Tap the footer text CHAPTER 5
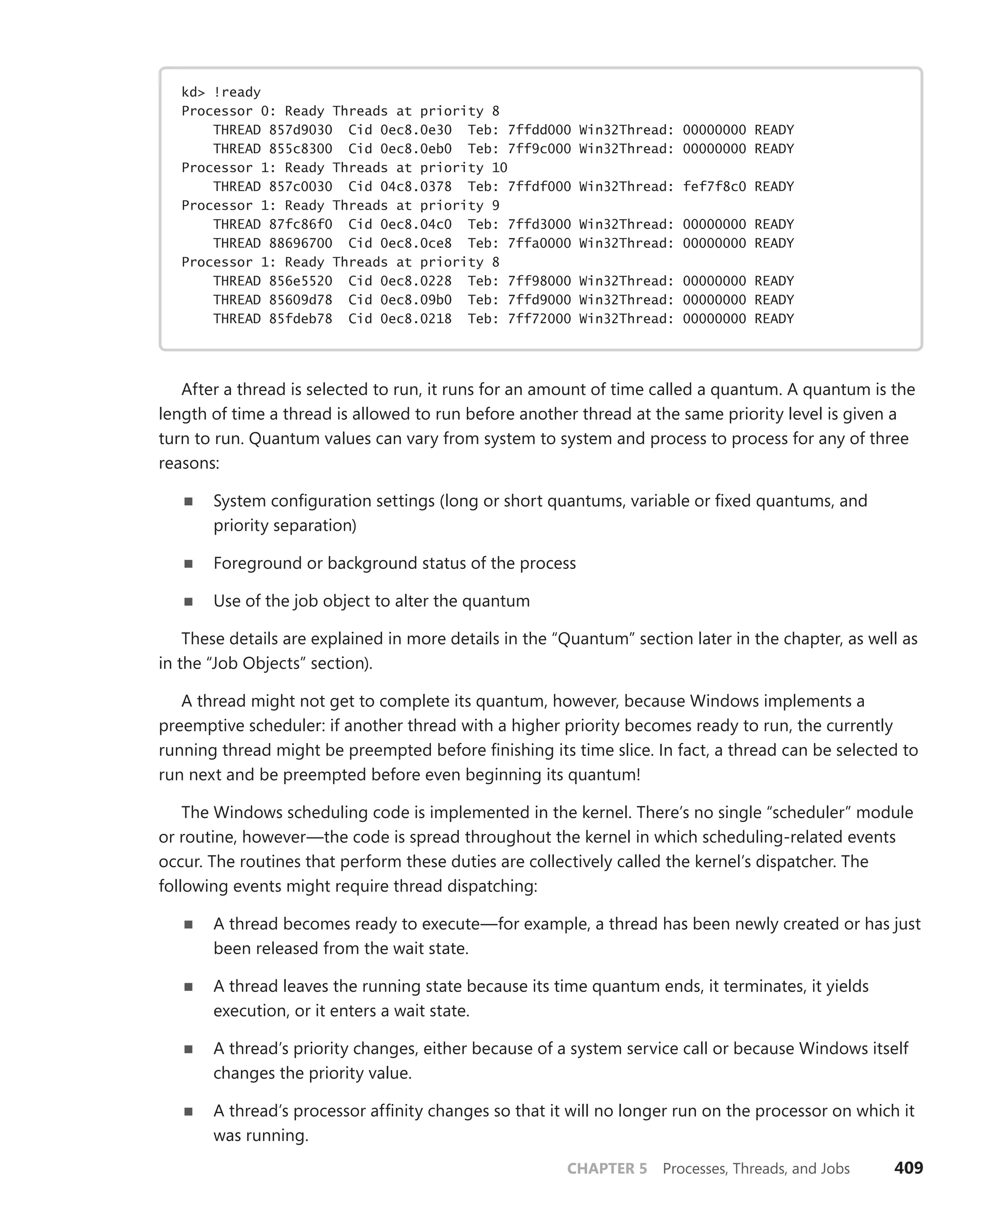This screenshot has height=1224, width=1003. tap(607, 1169)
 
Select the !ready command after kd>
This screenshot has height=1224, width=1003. tap(237, 93)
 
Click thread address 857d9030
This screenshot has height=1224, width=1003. tap(300, 130)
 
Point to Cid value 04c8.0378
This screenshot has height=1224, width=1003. tap(416, 187)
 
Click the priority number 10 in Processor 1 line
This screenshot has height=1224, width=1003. tap(499, 167)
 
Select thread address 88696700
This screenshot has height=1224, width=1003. tap(300, 243)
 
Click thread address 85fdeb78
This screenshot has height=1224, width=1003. tap(300, 319)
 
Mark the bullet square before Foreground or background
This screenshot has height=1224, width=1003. tap(189, 564)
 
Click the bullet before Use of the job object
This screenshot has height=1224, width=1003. tap(189, 601)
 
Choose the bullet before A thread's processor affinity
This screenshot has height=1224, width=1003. tap(189, 1111)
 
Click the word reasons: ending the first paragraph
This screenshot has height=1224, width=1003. tap(189, 463)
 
